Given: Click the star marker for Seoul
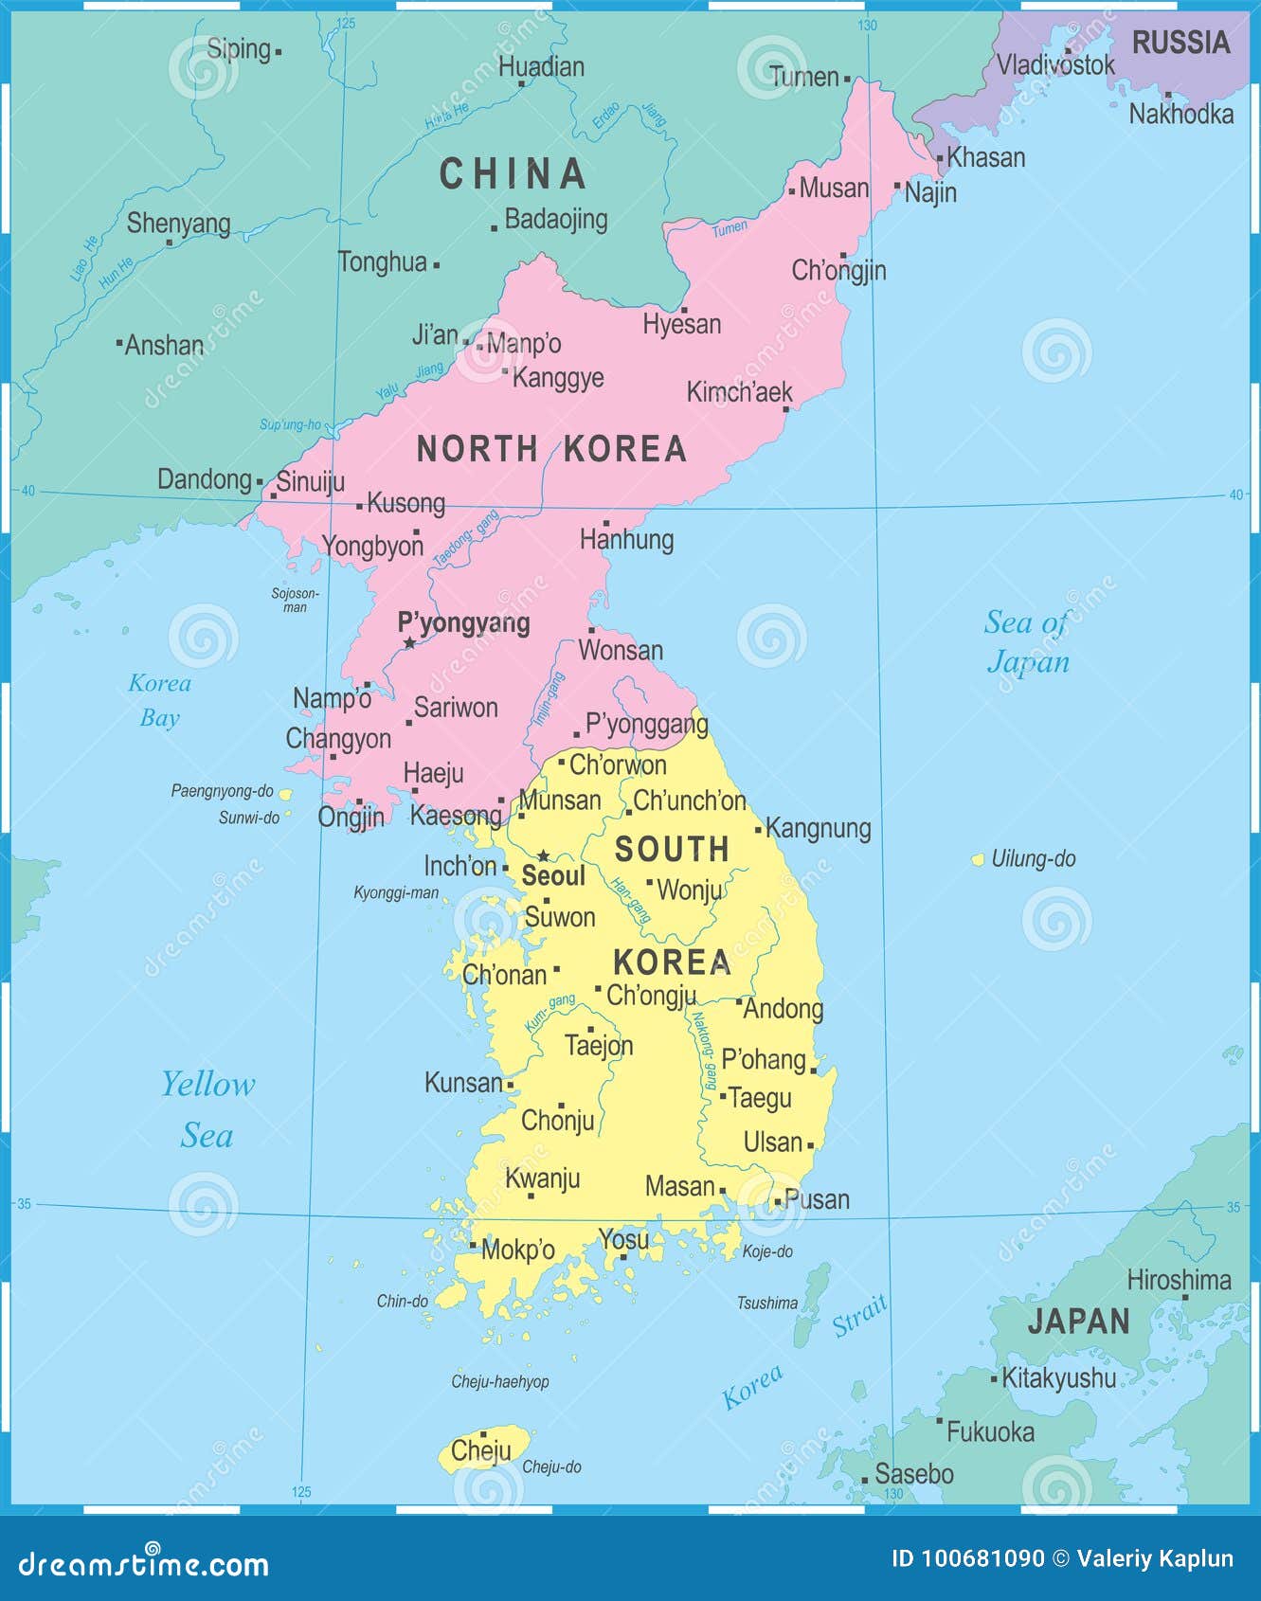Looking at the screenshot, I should point(544,855).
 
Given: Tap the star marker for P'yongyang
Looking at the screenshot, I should point(409,642).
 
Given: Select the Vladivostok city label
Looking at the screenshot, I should point(1055,64).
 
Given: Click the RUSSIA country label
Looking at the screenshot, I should point(1180,43).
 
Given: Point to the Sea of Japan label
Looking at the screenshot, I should point(1027,641).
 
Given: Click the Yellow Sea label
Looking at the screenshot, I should point(207,1109).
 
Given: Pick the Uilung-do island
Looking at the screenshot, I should point(978,859).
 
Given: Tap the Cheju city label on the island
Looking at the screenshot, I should point(480,1450).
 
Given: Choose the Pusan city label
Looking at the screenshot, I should point(817,1199).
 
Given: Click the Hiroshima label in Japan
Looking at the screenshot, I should point(1179,1281).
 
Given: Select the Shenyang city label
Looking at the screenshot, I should point(179,224).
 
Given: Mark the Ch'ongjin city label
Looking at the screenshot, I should point(838,271).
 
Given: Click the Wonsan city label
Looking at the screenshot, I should point(621,651).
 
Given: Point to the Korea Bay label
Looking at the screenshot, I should point(159,700).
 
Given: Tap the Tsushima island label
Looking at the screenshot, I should point(767,1304).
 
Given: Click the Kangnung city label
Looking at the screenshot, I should point(818,828).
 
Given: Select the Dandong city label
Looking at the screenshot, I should point(205,479).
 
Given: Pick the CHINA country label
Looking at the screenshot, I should point(513,174).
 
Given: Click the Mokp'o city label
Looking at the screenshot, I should point(517,1250).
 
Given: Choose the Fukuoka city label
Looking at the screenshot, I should point(990,1431).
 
